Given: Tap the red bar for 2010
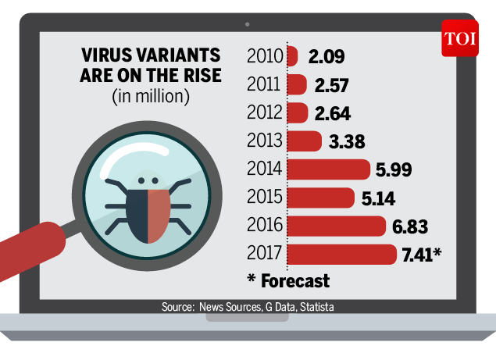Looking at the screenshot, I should (293, 56).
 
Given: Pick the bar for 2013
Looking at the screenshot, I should (305, 141).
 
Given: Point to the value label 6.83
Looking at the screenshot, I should (410, 226).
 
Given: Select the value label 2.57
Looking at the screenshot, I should (330, 84).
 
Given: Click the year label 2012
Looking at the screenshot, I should (265, 113).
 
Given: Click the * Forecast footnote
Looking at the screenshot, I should (288, 280).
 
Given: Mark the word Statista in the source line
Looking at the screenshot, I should (316, 307).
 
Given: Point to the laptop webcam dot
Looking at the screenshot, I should (248, 23).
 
